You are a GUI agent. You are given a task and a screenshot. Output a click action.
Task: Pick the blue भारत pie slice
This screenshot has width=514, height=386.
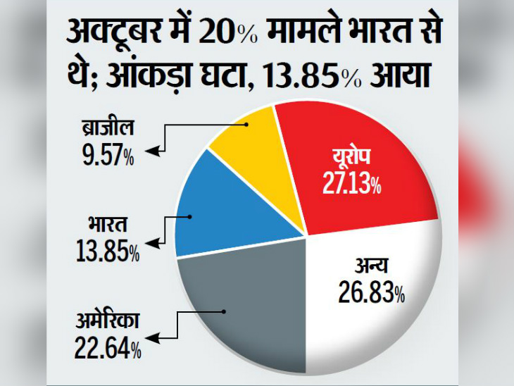(x=232, y=204)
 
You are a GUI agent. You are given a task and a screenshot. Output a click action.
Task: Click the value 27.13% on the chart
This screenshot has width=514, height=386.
(x=353, y=185)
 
